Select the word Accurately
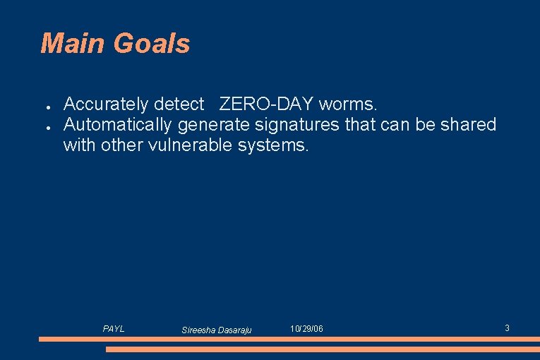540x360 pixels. [x=106, y=104]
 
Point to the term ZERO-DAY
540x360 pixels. [x=266, y=104]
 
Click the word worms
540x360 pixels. [x=348, y=104]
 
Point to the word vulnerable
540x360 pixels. [x=193, y=145]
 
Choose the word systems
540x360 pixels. [x=275, y=145]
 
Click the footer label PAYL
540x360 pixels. [x=114, y=329]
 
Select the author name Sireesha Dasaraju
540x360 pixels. [x=217, y=330]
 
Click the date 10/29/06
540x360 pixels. [x=306, y=329]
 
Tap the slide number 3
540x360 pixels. [x=507, y=328]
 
